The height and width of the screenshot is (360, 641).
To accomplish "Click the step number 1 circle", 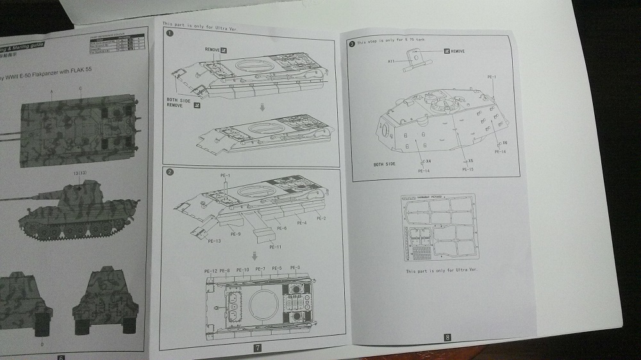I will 169,33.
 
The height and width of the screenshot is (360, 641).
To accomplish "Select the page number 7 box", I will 256,348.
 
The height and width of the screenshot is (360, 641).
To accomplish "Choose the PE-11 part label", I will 276,247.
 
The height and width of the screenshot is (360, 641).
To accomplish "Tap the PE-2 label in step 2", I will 321,219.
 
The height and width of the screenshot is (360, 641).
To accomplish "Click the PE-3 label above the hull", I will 296,268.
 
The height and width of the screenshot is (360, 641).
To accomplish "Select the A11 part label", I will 391,61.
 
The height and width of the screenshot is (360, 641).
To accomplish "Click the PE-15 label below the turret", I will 467,169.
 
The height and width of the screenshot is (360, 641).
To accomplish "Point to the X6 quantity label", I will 505,142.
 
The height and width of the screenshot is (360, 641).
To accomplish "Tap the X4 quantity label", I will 428,161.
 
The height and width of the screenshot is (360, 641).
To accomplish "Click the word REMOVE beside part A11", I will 458,51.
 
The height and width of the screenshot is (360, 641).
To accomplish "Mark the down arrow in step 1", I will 262,108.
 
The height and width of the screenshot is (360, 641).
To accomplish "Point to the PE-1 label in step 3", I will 492,77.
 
